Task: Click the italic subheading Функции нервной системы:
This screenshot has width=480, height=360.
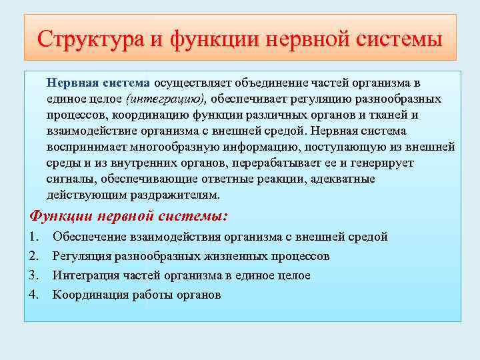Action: [x=129, y=216]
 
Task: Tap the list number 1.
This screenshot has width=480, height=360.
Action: [x=35, y=237]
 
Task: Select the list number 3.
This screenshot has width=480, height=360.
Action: [x=35, y=275]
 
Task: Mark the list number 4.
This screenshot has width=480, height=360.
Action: [x=35, y=295]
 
